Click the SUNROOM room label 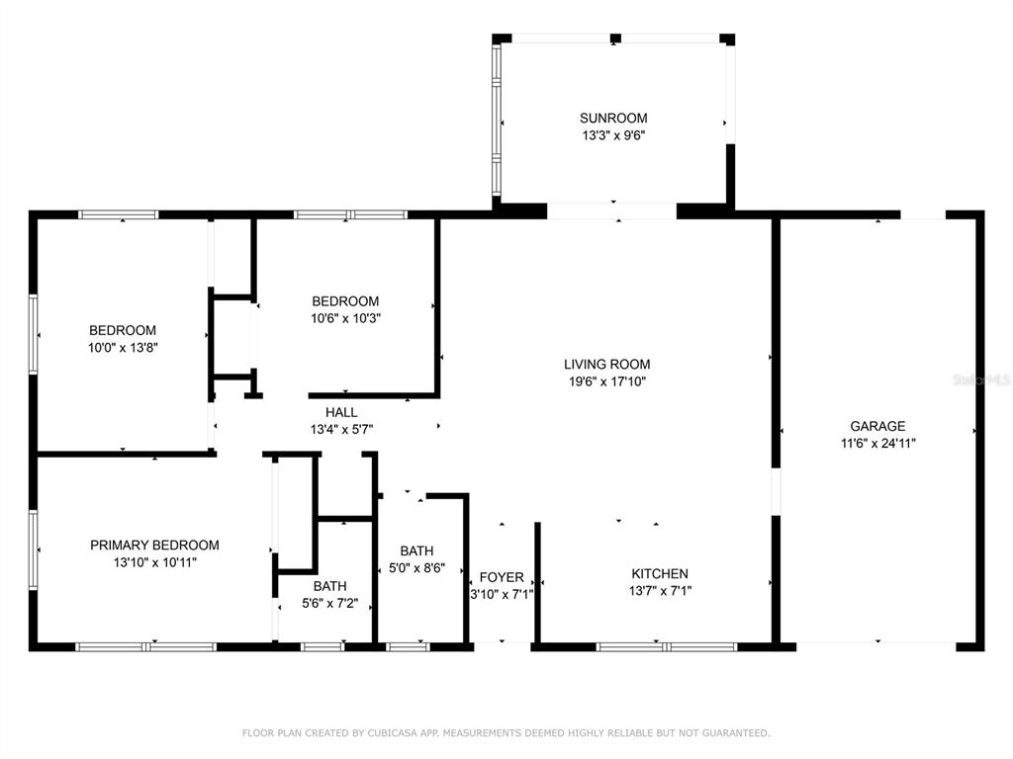(x=613, y=119)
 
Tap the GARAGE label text (x=877, y=426)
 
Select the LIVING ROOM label (x=606, y=364)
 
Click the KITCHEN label (x=660, y=573)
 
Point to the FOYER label (x=502, y=577)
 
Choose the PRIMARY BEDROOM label (x=154, y=545)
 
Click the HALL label (x=341, y=412)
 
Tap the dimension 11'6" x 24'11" (x=878, y=444)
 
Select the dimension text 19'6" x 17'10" (x=607, y=381)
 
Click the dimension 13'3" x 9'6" (x=613, y=135)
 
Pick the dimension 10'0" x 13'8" (x=123, y=348)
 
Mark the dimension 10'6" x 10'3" (x=345, y=318)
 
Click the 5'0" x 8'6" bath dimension (x=416, y=568)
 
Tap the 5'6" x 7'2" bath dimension (x=329, y=604)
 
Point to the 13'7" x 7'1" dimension (x=660, y=591)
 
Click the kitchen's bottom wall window (x=666, y=646)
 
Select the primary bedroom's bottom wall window (x=146, y=646)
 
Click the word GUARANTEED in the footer (x=736, y=733)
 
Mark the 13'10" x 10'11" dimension (x=155, y=562)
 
